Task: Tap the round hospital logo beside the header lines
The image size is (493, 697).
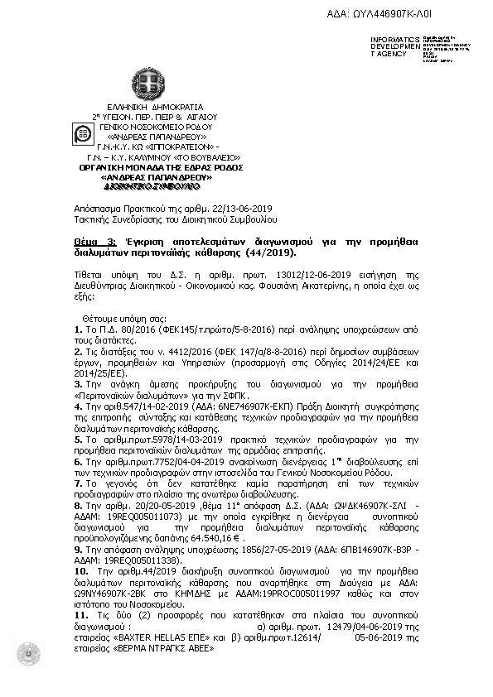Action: pyautogui.click(x=83, y=133)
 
